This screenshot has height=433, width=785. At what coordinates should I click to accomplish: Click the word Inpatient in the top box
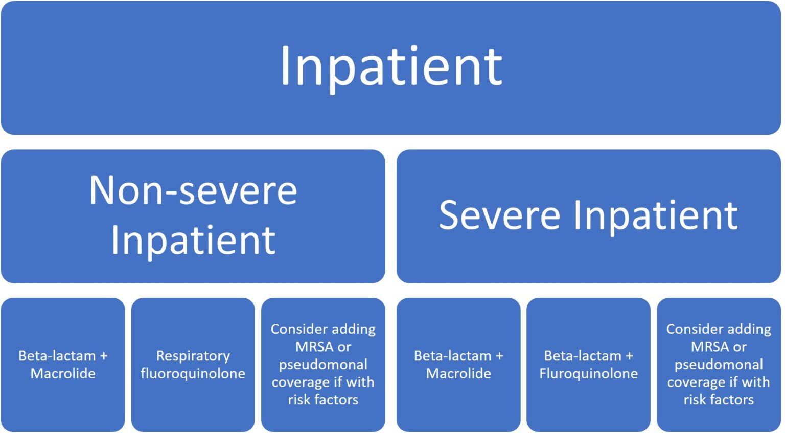[x=391, y=66]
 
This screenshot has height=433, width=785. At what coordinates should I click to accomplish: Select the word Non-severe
[x=193, y=190]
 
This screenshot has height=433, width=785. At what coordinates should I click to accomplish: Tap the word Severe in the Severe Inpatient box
[x=499, y=215]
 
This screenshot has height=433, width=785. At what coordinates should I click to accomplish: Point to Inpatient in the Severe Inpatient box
[x=656, y=215]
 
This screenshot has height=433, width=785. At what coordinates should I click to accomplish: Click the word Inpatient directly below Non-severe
[x=193, y=239]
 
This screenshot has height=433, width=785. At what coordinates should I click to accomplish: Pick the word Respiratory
[x=193, y=356]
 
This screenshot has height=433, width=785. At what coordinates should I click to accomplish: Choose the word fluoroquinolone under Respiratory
[x=193, y=374]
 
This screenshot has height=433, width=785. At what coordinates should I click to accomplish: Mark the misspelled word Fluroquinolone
[x=588, y=374]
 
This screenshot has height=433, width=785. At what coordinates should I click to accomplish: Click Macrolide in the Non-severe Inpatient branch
[x=63, y=374]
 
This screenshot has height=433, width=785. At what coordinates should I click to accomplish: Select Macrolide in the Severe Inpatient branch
[x=458, y=374]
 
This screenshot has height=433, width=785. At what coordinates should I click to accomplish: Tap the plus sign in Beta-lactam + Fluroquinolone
[x=629, y=356]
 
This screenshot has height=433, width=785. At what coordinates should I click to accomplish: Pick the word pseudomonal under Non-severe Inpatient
[x=323, y=365]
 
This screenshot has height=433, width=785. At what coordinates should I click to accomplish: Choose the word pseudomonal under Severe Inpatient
[x=719, y=365]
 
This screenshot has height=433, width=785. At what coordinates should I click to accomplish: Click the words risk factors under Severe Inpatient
[x=719, y=400]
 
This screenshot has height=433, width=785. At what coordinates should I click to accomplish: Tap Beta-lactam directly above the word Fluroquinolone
[x=582, y=356]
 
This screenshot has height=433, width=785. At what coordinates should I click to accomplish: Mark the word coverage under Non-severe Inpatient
[x=301, y=382]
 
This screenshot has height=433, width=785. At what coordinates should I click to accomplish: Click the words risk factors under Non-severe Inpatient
[x=323, y=400]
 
